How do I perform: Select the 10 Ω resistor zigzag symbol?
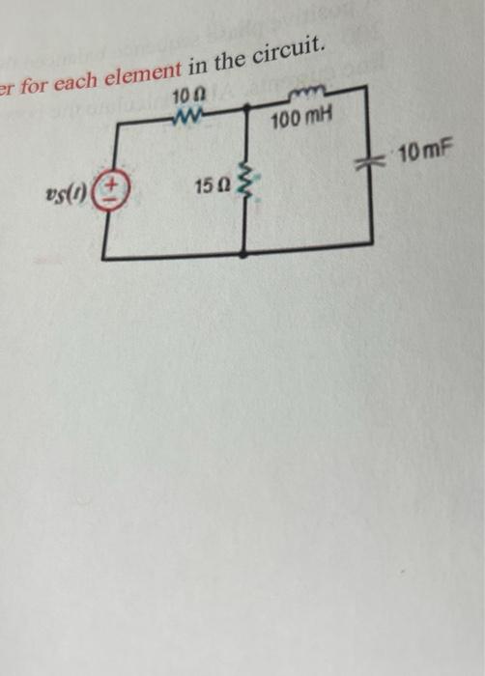[186, 113]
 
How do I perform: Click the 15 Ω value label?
[211, 183]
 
